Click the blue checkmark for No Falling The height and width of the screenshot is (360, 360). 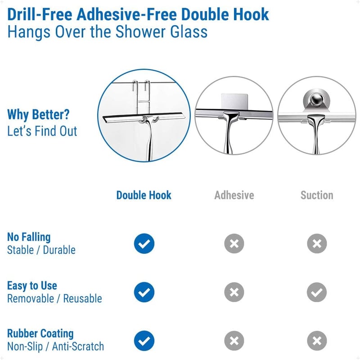coord(144,243)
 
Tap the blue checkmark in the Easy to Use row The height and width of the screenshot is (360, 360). coord(144,292)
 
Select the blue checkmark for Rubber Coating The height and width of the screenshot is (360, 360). coord(144,341)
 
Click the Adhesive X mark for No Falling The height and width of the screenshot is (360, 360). coord(234,243)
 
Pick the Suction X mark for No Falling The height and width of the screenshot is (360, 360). coord(317,243)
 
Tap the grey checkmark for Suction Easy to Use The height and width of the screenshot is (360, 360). coord(317,292)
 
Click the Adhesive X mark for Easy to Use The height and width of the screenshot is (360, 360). coord(234,292)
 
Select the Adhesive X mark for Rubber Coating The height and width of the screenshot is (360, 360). coord(234,341)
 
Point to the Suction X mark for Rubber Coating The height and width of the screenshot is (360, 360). coord(317,341)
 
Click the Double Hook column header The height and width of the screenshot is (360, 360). coord(144,195)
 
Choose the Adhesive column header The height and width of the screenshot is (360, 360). coord(234,195)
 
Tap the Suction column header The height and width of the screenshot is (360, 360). coord(317,195)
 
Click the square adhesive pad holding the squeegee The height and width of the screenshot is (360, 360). coord(234,101)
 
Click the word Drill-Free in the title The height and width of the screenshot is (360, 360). coord(40,14)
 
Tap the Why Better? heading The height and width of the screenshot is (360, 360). coord(38,114)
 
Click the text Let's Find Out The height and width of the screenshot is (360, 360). coord(42,131)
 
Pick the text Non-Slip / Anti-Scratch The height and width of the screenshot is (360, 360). coord(55,346)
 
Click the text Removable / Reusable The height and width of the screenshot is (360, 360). coord(54,298)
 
